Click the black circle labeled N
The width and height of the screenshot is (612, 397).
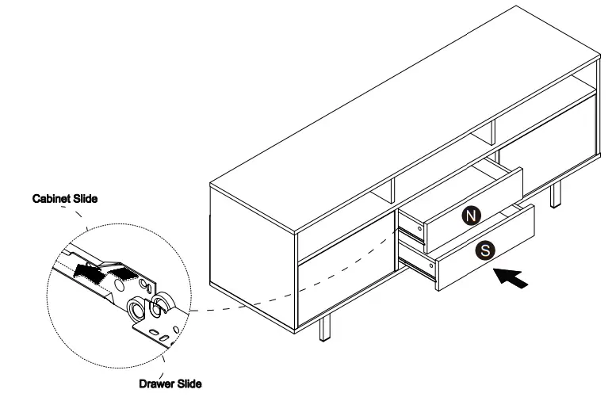point(472,215)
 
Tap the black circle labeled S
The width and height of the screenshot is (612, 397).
point(485,250)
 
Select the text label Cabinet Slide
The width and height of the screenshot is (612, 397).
point(65,199)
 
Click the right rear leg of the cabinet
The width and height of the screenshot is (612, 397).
point(556,193)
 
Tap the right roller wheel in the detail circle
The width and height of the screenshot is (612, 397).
point(165,302)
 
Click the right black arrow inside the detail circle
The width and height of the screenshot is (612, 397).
point(120,273)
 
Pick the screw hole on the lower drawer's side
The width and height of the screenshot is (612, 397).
point(428,261)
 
